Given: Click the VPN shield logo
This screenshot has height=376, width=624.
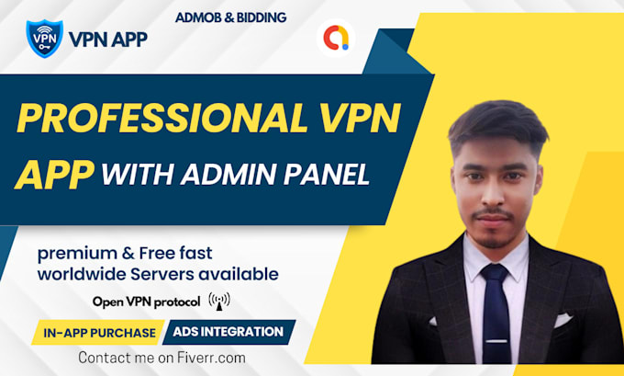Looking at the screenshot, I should [45, 39].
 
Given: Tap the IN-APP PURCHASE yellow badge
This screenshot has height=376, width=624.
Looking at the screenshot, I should [99, 332].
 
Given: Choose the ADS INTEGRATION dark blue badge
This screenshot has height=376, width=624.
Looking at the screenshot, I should [228, 331].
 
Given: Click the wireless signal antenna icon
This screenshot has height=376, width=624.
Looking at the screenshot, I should [220, 301].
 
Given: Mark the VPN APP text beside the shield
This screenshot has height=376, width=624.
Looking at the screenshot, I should [107, 39].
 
